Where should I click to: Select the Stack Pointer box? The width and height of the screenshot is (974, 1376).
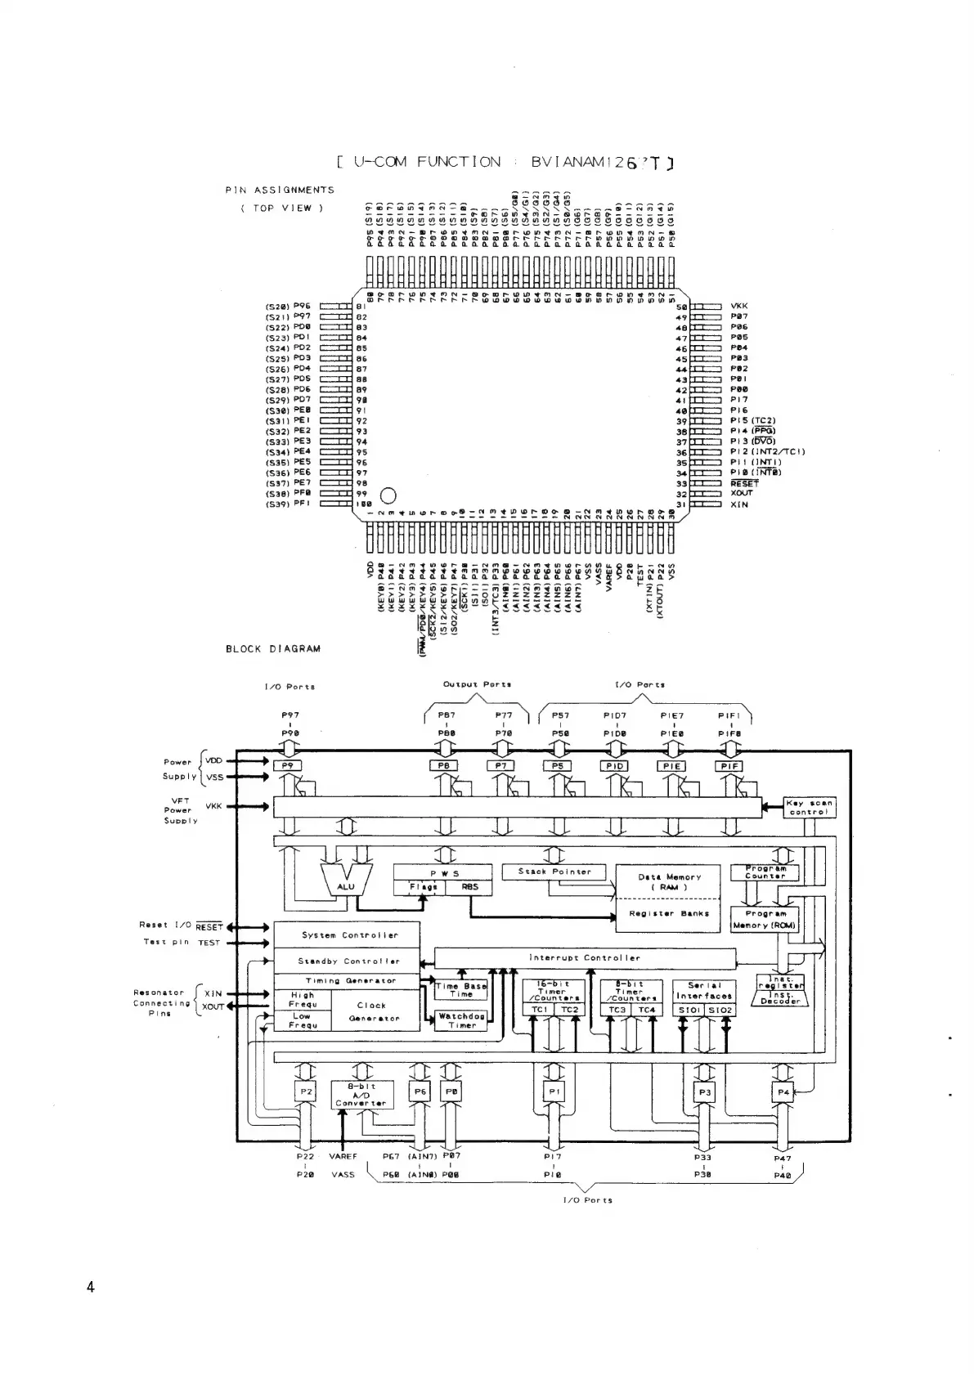pos(554,872)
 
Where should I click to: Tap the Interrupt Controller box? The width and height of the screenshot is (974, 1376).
pos(584,957)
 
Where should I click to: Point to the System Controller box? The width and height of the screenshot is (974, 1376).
pos(347,935)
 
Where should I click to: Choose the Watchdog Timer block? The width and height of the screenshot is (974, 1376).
pos(461,1020)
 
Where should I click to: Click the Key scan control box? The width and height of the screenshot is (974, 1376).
pos(809,807)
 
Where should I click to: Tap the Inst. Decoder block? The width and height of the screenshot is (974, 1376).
pos(781,997)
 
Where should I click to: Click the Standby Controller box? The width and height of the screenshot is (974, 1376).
pos(347,961)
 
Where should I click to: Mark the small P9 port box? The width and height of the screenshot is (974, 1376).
pos(287,766)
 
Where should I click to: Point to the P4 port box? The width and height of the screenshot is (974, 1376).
pos(783,1091)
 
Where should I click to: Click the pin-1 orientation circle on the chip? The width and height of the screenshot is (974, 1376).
pos(388,495)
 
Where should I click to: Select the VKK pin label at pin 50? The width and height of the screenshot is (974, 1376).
pos(738,306)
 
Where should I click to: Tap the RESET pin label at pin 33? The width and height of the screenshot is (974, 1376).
pos(744,483)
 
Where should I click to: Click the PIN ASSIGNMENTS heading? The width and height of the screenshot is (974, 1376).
pos(280,190)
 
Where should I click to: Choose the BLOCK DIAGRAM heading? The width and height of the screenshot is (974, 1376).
pos(273,648)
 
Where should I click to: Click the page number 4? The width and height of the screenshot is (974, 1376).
pos(90,1287)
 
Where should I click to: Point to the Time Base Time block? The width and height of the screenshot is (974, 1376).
pos(460,990)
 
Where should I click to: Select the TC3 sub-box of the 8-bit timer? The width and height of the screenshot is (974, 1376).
pos(614,1010)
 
